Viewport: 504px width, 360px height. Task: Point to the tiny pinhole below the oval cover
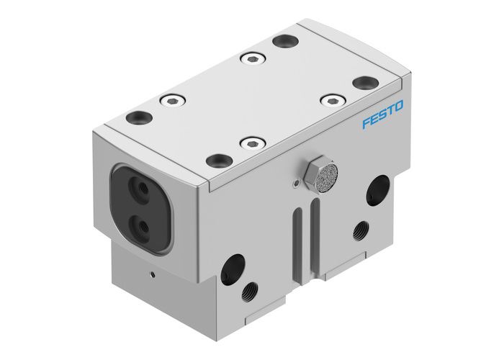[151, 274]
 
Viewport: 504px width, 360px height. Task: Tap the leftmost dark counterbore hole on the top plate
[135, 117]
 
